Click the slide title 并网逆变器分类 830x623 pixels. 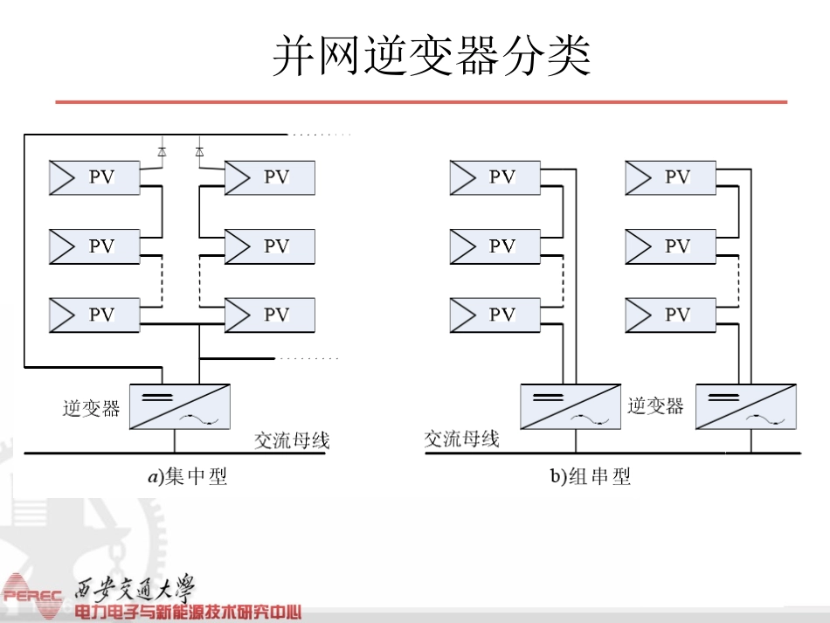tap(432, 56)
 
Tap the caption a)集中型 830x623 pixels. tap(188, 476)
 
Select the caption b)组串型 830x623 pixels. tap(591, 476)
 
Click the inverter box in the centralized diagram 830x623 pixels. tap(180, 406)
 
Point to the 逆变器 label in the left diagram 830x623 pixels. tap(91, 409)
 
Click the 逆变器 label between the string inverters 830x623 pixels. tap(655, 406)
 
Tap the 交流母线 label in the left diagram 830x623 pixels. tap(292, 440)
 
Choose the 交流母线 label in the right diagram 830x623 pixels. tap(461, 439)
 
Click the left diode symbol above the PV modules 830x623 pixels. tap(162, 152)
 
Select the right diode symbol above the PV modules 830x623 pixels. tap(199, 152)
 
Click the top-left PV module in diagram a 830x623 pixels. tap(94, 178)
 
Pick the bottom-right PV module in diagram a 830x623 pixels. tap(270, 315)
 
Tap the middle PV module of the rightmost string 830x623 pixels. tap(671, 246)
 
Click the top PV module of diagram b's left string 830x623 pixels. tap(495, 178)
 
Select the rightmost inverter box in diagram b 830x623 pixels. tap(746, 406)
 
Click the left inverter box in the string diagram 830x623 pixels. tap(571, 406)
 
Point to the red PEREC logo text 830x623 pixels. tap(33, 595)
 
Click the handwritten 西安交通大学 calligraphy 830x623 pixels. tap(135, 589)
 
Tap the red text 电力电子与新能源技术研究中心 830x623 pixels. tap(188, 613)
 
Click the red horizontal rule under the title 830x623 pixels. tap(421, 101)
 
